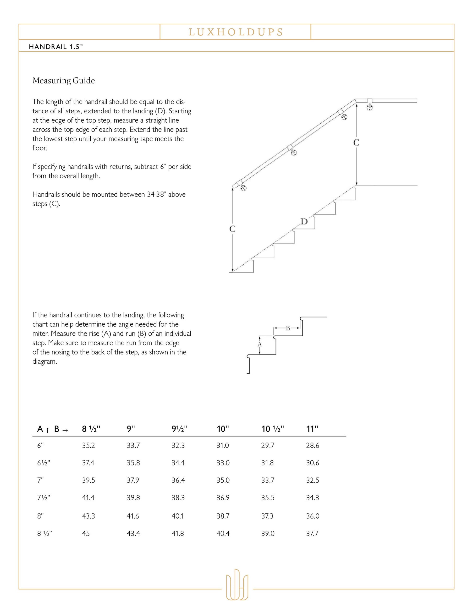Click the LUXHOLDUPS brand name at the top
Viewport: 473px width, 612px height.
236,32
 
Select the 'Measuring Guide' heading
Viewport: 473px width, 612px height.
64,81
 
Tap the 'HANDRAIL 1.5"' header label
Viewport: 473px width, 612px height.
56,47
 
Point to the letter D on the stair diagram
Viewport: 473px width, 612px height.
304,222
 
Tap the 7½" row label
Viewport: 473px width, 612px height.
44,498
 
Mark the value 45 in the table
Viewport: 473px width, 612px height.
86,533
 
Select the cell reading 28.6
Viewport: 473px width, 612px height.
312,446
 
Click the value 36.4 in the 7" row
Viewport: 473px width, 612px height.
178,480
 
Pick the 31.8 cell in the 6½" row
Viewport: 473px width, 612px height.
268,463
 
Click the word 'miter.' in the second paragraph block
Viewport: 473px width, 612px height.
41,334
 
